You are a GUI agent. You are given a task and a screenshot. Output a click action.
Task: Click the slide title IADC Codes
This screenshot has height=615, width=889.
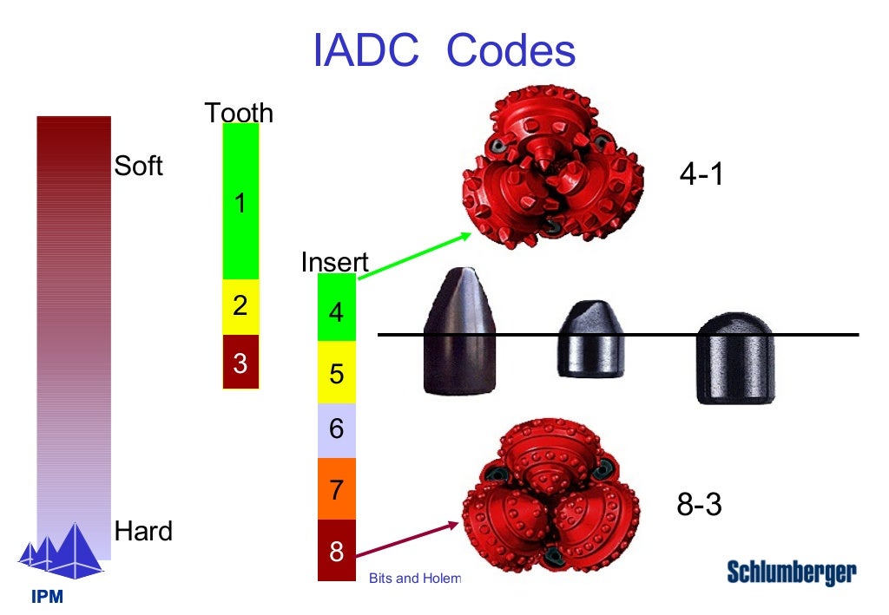[444, 51]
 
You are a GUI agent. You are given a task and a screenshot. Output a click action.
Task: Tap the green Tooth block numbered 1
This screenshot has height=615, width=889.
[240, 201]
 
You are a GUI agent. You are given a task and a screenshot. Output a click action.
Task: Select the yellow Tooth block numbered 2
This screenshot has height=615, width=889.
[240, 306]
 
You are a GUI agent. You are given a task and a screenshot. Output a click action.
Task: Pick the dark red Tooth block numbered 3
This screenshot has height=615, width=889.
[240, 362]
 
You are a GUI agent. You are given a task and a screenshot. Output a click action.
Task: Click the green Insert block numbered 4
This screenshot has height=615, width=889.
[337, 308]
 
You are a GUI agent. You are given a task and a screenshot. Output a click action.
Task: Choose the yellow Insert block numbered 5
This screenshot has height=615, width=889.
[337, 372]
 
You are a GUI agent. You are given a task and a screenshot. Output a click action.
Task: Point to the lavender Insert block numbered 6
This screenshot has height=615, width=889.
[337, 430]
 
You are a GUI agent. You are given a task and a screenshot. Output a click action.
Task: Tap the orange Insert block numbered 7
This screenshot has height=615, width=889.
[337, 488]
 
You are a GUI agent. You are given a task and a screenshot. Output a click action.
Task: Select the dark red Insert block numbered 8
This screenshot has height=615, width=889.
[337, 550]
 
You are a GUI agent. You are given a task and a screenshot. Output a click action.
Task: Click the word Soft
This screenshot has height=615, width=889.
[139, 166]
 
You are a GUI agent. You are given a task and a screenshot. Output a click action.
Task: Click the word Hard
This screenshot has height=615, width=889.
[143, 531]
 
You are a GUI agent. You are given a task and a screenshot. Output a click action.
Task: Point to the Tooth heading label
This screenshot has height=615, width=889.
[239, 113]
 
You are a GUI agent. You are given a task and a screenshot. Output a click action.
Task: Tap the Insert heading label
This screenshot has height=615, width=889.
[334, 262]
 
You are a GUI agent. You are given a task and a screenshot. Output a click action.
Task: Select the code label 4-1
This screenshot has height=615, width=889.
[701, 174]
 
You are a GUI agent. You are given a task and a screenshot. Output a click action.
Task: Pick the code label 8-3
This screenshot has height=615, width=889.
[699, 505]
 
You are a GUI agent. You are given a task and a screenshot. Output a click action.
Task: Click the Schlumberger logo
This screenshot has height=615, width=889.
[791, 572]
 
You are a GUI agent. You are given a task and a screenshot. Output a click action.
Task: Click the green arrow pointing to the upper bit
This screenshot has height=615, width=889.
[415, 256]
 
